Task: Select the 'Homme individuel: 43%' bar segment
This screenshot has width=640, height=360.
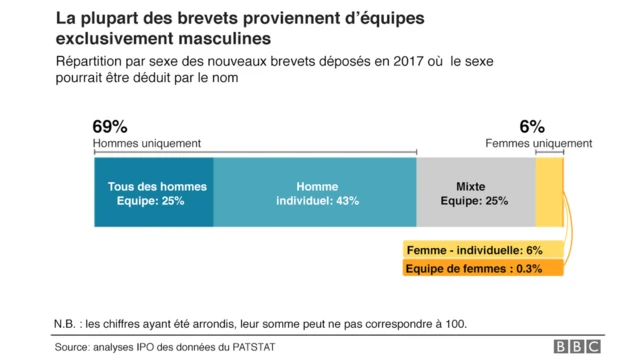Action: (x=316, y=193)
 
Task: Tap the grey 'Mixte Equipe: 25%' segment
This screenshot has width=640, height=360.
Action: (x=476, y=193)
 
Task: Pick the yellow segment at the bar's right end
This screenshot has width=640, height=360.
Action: (x=549, y=193)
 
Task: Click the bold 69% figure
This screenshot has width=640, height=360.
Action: (x=109, y=127)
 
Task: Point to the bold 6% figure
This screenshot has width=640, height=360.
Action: (x=531, y=127)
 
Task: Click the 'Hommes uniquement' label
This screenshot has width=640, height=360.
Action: (x=146, y=144)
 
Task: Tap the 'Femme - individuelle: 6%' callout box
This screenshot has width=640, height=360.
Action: (x=474, y=250)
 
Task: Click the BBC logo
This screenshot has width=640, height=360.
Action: (x=578, y=346)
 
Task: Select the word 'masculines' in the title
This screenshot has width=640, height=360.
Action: (x=222, y=40)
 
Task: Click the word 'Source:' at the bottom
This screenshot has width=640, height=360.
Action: (x=77, y=346)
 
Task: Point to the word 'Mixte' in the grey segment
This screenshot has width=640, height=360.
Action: (x=471, y=187)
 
